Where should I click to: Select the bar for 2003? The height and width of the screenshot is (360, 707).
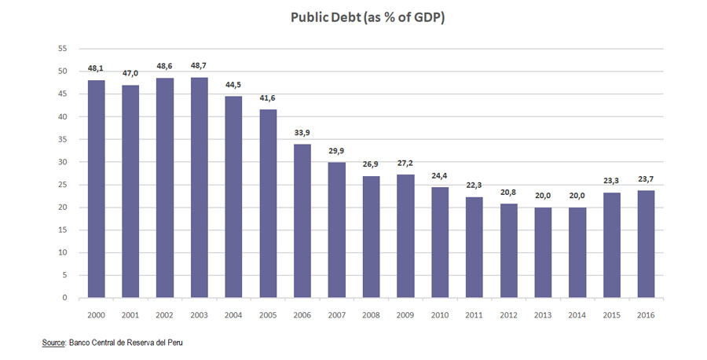tap(200, 188)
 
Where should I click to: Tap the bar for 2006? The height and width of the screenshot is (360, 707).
tap(302, 221)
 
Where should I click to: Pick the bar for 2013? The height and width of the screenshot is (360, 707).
tap(542, 252)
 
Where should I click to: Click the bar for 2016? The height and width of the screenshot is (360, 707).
tap(646, 244)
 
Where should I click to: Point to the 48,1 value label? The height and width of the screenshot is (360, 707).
tap(96, 68)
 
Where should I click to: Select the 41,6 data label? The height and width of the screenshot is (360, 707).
tap(268, 98)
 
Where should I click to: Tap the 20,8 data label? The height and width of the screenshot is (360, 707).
tap(508, 193)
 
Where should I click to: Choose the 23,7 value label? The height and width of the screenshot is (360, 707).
tap(646, 179)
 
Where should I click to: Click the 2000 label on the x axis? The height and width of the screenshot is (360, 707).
tap(96, 314)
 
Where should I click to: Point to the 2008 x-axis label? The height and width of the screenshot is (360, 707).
tap(371, 314)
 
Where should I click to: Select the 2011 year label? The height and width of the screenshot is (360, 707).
tap(474, 314)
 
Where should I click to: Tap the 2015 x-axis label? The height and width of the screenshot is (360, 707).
tap(611, 314)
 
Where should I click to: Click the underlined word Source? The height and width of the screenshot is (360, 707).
tap(54, 343)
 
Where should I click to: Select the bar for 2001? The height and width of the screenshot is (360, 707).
tap(130, 192)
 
